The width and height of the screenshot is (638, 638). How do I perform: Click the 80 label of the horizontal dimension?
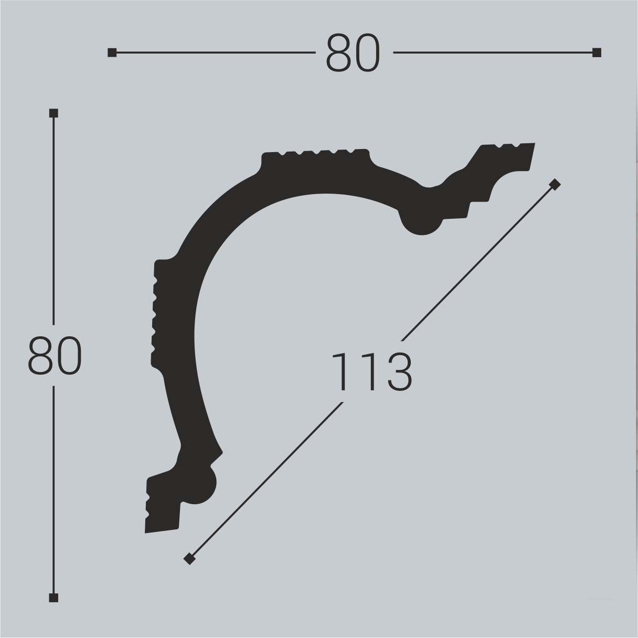352,53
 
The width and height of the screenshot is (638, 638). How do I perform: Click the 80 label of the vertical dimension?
55,356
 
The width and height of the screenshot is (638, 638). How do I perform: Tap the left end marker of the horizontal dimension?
112,52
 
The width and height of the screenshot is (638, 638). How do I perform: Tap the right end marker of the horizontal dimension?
597,52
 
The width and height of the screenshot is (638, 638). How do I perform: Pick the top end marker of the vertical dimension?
54,113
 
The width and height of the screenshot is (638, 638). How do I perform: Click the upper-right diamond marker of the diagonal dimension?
555,184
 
